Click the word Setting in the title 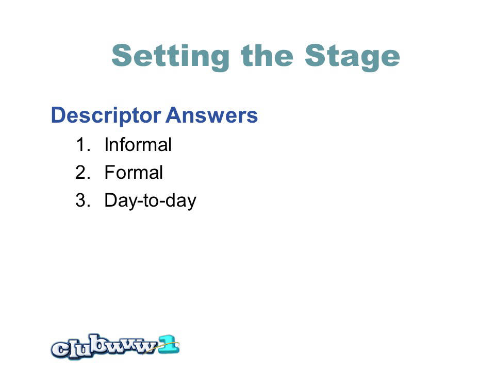pos(171,57)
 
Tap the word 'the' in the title pos(267,55)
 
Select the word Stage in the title pos(352,57)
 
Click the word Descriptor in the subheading pos(106,116)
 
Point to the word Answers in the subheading pos(211,115)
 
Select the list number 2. pos(83,172)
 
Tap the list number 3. pos(83,200)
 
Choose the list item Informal pos(138,144)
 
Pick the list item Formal pos(134,172)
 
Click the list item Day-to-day pos(150,201)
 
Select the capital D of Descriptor pos(59,115)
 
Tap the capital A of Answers pos(174,115)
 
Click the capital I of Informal pos(106,145)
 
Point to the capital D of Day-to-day pos(111,200)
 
